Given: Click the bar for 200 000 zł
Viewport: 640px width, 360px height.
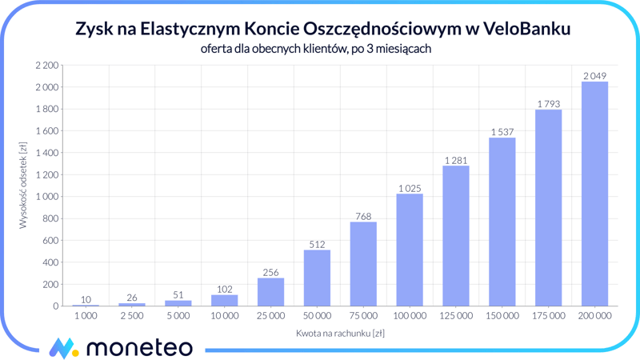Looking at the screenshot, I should [x=594, y=194].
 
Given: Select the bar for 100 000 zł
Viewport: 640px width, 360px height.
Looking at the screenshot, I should [x=410, y=250].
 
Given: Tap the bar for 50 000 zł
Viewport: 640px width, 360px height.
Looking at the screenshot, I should [x=317, y=278].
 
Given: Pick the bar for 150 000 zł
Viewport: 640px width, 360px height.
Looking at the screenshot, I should [x=502, y=222].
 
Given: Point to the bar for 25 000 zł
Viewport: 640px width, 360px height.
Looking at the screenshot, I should [x=270, y=292].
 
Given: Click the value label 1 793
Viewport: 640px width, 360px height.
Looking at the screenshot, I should [x=548, y=103].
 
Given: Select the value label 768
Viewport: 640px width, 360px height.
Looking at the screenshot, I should [x=363, y=215].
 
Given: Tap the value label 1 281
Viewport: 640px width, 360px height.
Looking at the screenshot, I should [x=456, y=160].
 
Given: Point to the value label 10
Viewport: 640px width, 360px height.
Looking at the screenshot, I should [x=86, y=299].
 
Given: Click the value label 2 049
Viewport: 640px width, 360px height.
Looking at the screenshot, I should [x=594, y=76].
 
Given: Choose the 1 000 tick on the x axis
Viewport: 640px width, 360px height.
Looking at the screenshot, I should [x=86, y=315].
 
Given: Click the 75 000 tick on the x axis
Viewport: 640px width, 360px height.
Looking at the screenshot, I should [x=363, y=315].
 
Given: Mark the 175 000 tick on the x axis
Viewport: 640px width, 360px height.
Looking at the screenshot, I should [x=548, y=315].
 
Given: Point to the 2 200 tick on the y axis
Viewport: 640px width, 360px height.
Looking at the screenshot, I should [x=46, y=65].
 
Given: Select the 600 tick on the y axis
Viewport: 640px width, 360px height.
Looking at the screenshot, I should [x=50, y=240].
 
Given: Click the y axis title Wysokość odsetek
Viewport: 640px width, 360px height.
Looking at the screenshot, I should [x=23, y=186].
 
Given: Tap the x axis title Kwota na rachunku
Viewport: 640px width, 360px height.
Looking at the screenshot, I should [x=340, y=332].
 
